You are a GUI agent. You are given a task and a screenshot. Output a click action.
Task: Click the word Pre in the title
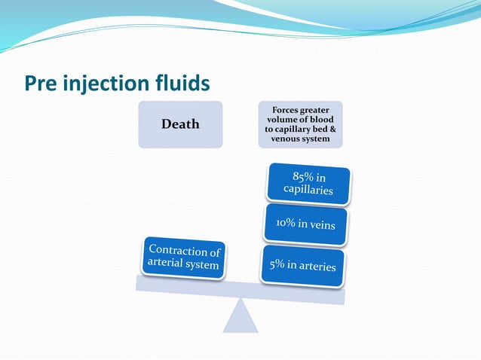coord(41,81)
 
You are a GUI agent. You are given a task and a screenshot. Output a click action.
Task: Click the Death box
coord(180,124)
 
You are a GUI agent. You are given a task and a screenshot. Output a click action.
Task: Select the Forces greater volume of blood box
coord(300,124)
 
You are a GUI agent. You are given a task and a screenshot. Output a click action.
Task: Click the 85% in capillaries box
coord(308,184)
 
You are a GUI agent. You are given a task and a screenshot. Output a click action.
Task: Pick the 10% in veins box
coord(305,224)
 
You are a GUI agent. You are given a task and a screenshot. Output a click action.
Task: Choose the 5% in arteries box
coord(303,266)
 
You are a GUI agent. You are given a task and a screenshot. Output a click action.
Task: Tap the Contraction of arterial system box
coord(184,258)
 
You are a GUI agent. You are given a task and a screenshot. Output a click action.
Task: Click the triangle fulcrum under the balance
coord(240,316)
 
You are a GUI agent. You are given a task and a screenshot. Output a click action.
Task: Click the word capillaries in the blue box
coord(308,191)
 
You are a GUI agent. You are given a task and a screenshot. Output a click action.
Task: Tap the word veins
coord(330,225)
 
